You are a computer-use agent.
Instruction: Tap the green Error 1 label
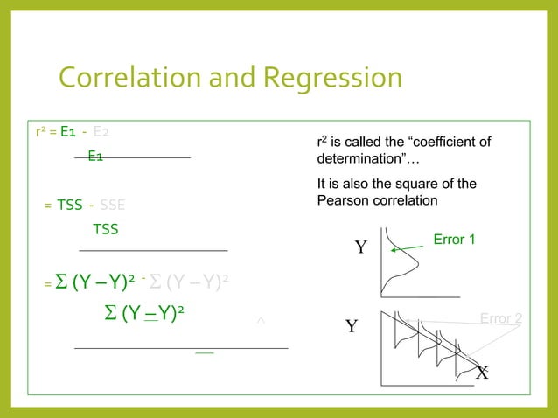click(x=454, y=239)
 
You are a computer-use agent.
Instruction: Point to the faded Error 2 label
click(x=501, y=319)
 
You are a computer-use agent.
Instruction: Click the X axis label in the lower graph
click(x=482, y=373)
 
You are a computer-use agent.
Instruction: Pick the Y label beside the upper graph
click(x=359, y=248)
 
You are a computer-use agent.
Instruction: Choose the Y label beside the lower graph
click(x=352, y=328)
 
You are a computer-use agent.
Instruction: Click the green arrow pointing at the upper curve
click(x=407, y=249)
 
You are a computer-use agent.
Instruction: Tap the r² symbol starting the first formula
click(x=40, y=133)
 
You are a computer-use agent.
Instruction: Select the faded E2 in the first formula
click(x=101, y=133)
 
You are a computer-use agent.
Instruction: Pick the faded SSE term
click(x=112, y=206)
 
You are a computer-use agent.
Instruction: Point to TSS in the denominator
click(x=105, y=230)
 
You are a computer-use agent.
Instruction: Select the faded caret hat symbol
click(x=260, y=324)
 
